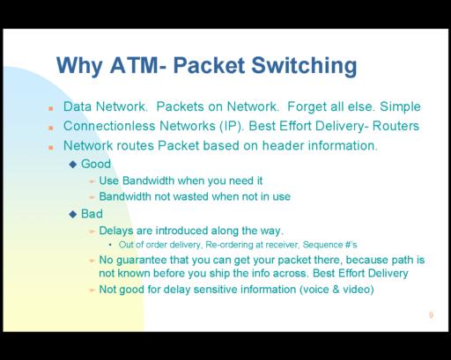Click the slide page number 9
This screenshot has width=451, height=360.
431,315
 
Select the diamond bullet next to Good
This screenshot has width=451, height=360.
73,164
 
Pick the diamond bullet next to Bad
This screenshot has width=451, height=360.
73,214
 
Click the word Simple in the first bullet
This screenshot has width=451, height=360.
400,107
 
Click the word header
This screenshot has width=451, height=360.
283,145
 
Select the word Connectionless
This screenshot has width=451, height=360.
109,126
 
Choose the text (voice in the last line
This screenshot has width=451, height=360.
314,290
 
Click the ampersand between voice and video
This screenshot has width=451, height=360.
336,290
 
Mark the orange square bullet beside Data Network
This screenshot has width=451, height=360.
51,108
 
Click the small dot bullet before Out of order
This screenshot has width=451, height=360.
110,245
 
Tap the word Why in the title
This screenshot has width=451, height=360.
79,66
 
